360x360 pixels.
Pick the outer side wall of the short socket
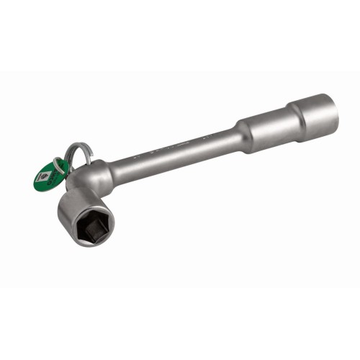click(72, 202)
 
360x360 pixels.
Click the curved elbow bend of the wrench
click(98, 177)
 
